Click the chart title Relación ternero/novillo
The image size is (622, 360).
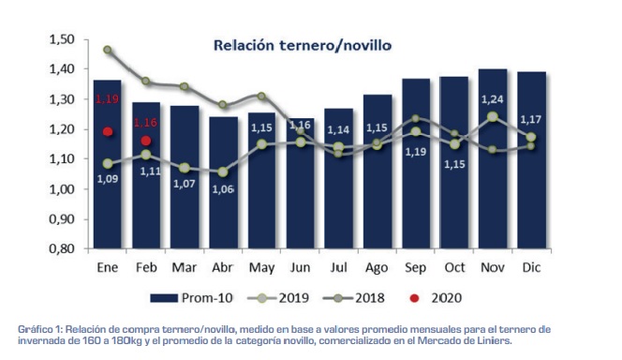point(302,44)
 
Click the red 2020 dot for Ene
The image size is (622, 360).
point(108,132)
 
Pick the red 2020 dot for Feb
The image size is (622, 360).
point(146,142)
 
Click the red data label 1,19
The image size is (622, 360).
point(108,98)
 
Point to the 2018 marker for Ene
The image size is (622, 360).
point(108,50)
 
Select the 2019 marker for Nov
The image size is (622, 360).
point(492,117)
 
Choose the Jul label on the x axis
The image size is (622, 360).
point(338,268)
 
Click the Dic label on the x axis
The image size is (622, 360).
point(531,268)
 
